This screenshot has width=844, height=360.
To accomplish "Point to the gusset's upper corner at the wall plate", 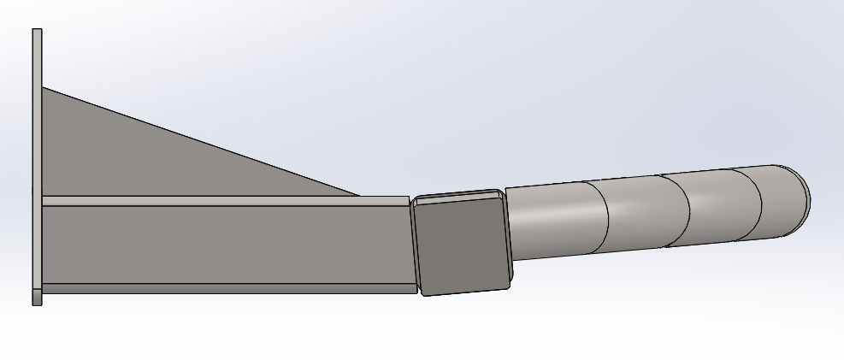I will [x=44, y=89].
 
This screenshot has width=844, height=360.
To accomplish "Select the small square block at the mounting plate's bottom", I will [x=37, y=297].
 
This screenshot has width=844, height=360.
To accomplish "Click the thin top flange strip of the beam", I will [x=222, y=201].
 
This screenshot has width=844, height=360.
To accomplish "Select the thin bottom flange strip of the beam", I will [x=222, y=289].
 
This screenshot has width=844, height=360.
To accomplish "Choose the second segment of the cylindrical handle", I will [x=646, y=212].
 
